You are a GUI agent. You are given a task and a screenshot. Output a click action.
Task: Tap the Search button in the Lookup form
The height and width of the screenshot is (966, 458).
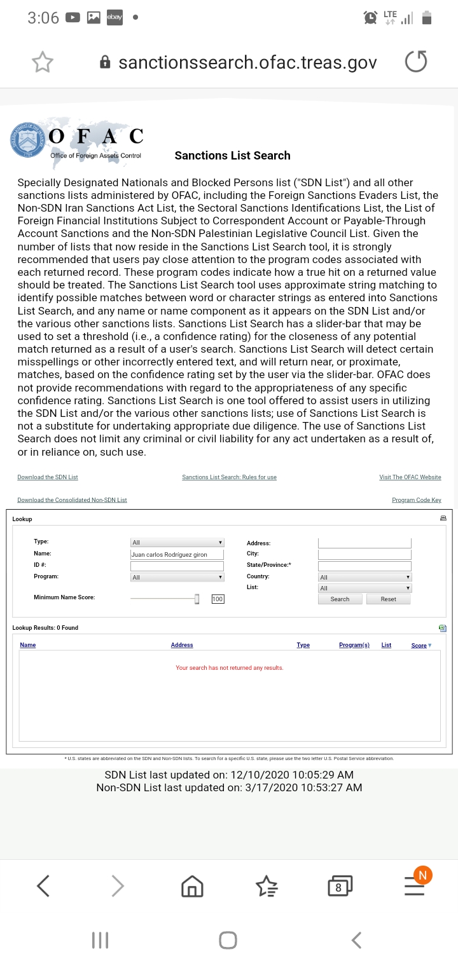(340, 599)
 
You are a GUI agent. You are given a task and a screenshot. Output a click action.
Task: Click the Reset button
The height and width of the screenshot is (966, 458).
(388, 599)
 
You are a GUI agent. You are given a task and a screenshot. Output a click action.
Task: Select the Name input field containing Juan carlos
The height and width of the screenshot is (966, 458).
(177, 554)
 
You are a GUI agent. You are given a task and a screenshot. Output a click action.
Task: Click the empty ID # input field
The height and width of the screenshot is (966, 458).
(177, 566)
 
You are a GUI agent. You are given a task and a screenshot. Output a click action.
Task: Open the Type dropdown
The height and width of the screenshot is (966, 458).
(177, 542)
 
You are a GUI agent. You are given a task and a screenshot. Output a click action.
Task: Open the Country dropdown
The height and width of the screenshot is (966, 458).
(364, 577)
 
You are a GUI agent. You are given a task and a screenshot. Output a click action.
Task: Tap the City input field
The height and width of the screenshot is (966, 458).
(364, 554)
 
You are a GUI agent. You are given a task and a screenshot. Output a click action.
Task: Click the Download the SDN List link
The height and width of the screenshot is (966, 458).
(48, 477)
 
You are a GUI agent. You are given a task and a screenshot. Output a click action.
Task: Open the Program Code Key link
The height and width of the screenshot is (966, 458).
(416, 500)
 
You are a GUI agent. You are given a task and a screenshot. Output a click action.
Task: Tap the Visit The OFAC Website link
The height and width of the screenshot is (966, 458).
(410, 477)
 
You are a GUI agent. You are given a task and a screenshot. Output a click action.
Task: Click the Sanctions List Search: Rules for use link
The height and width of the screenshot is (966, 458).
(229, 477)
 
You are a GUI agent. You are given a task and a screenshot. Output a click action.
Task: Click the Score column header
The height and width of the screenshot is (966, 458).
(419, 646)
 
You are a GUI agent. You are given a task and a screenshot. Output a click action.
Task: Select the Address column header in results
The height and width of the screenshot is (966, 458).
(182, 645)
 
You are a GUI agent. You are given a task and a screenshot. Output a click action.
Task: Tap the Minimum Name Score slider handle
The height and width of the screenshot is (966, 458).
(197, 599)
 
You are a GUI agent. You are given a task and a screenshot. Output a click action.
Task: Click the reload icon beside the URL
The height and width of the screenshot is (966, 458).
(416, 62)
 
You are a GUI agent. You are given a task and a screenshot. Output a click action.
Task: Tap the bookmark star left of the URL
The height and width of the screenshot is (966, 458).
(43, 62)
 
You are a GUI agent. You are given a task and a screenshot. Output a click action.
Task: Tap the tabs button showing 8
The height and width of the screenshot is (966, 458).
(340, 885)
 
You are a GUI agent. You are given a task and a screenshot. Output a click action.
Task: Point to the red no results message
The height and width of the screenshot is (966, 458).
(229, 668)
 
